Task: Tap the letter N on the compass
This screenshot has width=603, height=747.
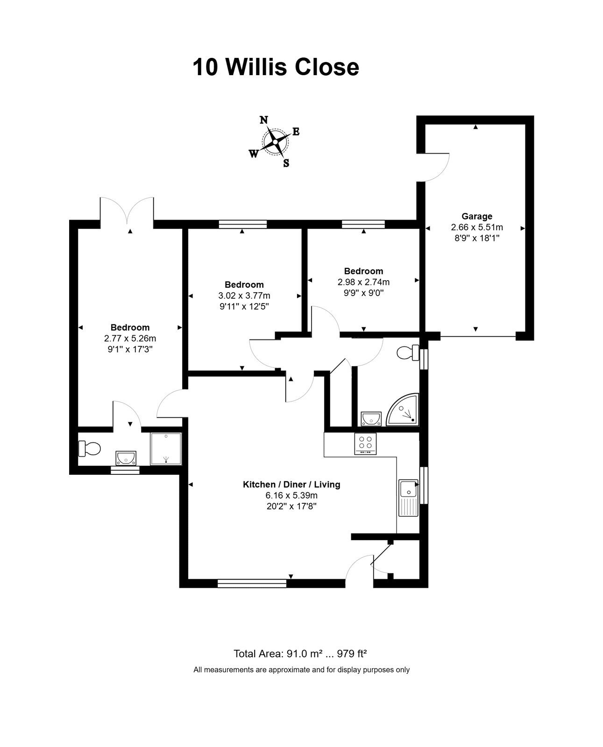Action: (264, 120)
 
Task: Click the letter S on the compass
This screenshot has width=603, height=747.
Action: (286, 163)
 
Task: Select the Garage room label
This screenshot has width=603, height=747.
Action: (477, 216)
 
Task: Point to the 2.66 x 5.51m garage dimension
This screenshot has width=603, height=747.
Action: (477, 227)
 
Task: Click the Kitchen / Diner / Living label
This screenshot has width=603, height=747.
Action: (291, 485)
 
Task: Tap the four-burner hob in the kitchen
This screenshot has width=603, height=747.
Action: (365, 444)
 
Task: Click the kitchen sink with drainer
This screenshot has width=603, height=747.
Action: (409, 498)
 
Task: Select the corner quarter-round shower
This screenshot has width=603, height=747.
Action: (403, 409)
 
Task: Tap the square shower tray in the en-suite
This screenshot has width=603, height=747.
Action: (166, 449)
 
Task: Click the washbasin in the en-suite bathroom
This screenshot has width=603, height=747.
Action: (126, 458)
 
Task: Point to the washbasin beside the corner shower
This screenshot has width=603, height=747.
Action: (371, 419)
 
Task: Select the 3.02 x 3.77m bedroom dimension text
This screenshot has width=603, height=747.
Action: (244, 296)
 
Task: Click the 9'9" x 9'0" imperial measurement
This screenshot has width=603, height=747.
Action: (364, 293)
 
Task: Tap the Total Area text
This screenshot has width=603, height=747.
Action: (300, 654)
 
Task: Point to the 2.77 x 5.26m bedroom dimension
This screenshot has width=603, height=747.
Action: (130, 338)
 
